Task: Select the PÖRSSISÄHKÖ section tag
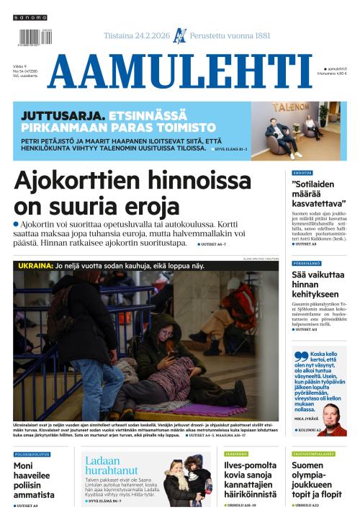pyautogui.click(x=305, y=263)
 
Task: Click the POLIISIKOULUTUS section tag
pyautogui.click(x=32, y=455)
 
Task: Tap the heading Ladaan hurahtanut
pyautogui.click(x=111, y=465)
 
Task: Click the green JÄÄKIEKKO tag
pyautogui.click(x=235, y=455)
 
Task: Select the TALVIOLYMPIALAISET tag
pyautogui.click(x=313, y=455)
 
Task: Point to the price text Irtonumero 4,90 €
pyautogui.click(x=333, y=73)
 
